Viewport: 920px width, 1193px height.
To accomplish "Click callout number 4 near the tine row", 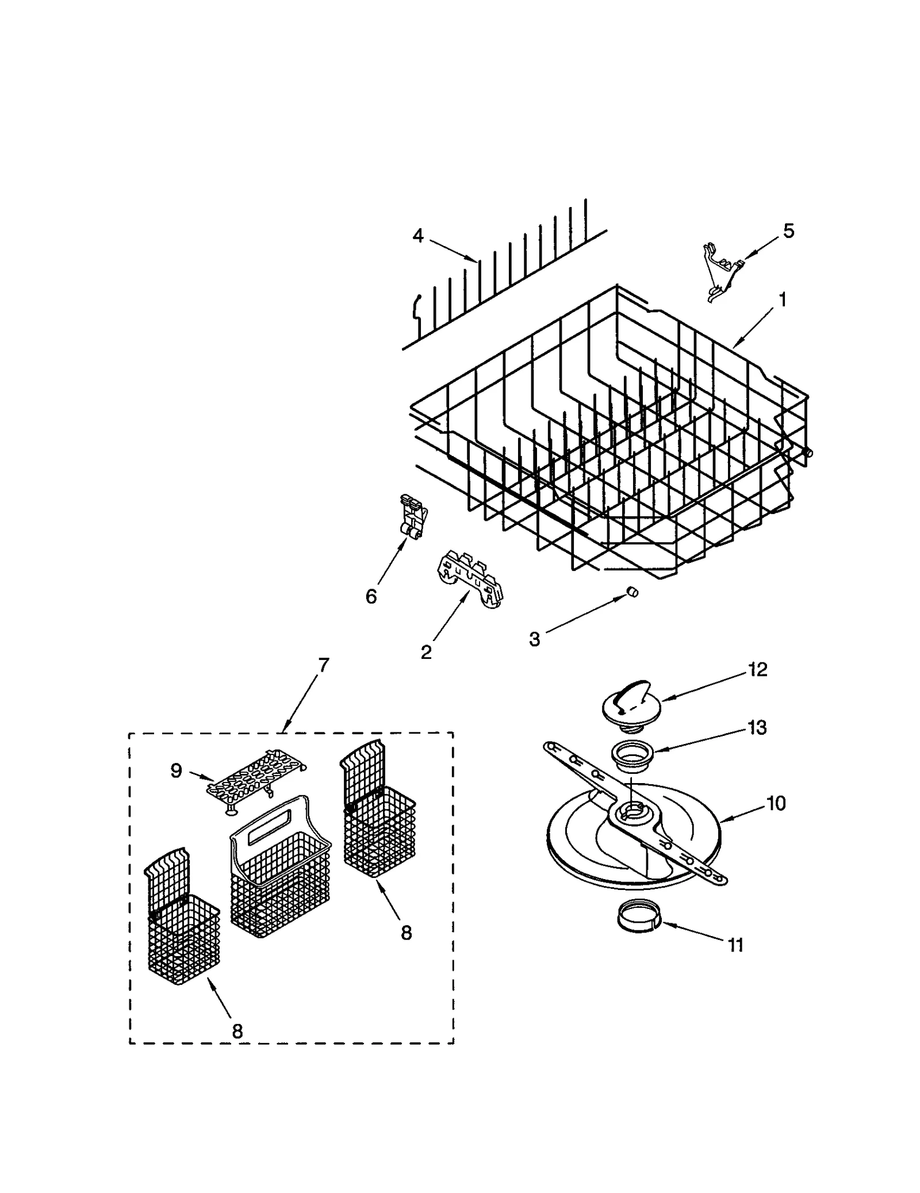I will [x=418, y=236].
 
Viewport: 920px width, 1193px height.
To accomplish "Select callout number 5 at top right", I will [x=788, y=231].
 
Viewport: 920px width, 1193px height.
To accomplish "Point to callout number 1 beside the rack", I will [x=782, y=300].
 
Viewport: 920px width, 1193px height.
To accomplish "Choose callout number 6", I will [x=371, y=596].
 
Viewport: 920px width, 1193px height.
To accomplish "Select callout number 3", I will [x=535, y=639].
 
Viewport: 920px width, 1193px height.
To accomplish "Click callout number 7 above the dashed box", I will [x=324, y=665].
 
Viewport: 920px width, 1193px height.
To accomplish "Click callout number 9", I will [x=176, y=770].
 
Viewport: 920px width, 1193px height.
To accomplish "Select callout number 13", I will [x=758, y=728].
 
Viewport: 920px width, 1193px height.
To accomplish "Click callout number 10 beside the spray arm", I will [x=776, y=803].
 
